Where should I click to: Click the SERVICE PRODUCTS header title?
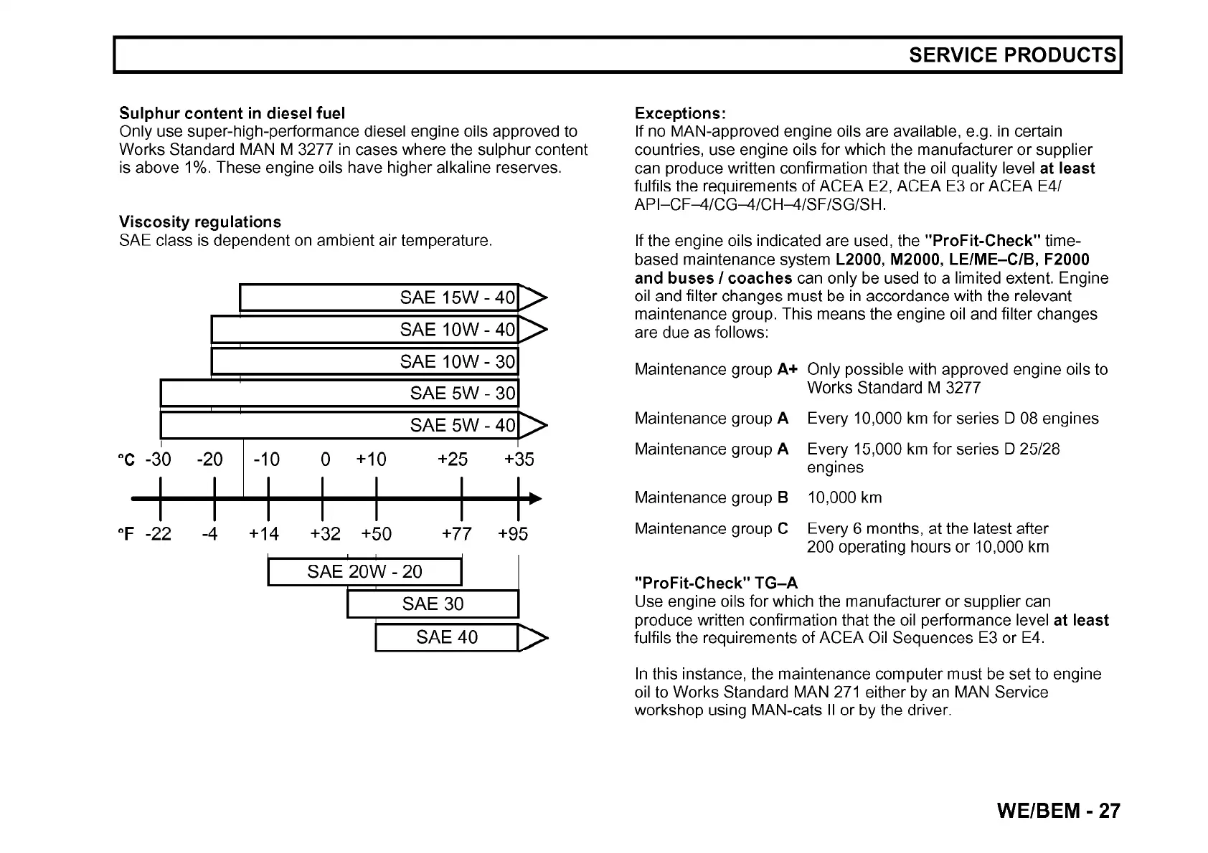pos(1012,55)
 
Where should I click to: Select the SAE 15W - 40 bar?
pos(379,297)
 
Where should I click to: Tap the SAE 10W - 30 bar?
pos(364,361)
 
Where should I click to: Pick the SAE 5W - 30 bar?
pos(339,393)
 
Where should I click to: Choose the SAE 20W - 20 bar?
pos(364,572)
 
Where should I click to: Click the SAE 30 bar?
pos(433,604)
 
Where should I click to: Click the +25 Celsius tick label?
pos(453,459)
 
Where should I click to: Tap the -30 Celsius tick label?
pos(158,459)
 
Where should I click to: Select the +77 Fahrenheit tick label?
pos(457,534)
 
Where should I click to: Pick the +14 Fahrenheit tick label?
pos(264,534)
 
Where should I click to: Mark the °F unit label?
pos(126,534)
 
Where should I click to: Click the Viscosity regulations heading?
pos(200,221)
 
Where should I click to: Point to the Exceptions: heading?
pos(680,113)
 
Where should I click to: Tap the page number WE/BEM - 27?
pos(1058,811)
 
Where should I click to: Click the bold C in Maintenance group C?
pos(783,529)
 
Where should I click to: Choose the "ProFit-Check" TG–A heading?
pos(716,583)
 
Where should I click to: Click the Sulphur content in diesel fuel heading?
pos(232,113)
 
